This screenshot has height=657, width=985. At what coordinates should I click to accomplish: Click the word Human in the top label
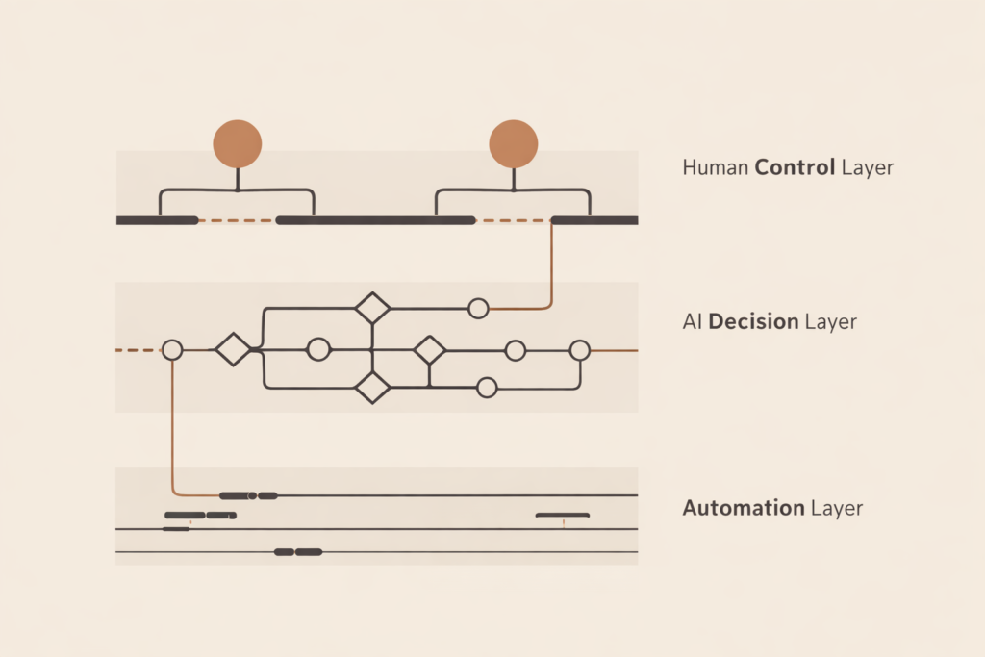coord(716,167)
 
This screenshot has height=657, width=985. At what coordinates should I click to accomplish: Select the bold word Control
coord(796,167)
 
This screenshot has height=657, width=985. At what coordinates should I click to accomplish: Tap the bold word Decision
coord(753,321)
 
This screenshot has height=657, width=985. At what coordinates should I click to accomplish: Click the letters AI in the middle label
coord(692,321)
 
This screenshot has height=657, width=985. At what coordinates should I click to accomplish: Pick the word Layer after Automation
coord(837,508)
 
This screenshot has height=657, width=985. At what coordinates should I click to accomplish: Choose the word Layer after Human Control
coord(868,167)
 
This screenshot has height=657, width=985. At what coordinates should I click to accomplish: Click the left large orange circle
coord(237,144)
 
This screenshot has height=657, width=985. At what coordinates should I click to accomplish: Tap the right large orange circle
coord(514,144)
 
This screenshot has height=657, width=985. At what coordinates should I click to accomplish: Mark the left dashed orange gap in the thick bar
coord(237,220)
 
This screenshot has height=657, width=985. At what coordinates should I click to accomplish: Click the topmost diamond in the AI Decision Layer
coord(372,309)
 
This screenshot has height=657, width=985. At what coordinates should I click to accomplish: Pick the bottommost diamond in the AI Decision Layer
coord(372,388)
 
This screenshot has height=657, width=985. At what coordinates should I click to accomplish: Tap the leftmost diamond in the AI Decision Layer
coord(233,349)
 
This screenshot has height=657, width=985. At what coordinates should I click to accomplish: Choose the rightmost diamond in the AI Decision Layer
coord(429,350)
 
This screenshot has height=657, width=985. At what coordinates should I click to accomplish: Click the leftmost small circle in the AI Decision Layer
coord(172,350)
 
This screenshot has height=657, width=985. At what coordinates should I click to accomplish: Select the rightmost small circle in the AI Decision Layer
coord(579,350)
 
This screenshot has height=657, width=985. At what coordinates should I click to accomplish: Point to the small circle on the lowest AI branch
coord(487,388)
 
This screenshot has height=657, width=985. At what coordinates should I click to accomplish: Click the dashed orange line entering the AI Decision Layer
coord(135,350)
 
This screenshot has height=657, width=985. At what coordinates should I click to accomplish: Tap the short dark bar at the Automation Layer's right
coord(563,516)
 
